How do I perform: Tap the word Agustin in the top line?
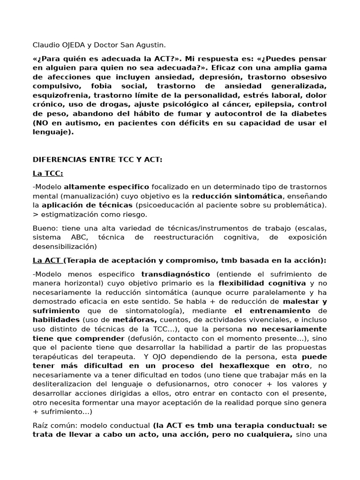(150, 45)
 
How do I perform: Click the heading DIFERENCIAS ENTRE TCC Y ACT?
(97, 160)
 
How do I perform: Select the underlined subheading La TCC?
(48, 173)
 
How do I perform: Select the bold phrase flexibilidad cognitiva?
(262, 283)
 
